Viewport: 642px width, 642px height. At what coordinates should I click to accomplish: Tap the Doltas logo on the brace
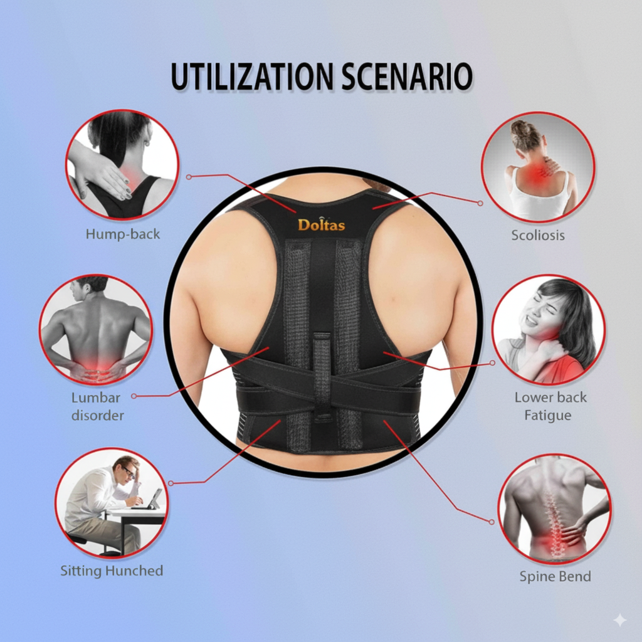click(322, 224)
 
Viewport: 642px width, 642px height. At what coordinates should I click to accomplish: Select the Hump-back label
click(123, 234)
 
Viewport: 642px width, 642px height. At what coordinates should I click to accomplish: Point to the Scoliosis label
click(538, 236)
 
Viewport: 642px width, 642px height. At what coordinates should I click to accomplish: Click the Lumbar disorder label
click(97, 406)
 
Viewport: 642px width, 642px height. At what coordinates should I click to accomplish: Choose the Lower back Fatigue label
click(550, 406)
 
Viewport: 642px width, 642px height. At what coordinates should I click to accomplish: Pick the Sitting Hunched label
click(112, 571)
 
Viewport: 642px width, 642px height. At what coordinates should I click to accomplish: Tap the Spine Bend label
click(555, 577)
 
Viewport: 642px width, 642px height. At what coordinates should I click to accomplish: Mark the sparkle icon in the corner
click(620, 620)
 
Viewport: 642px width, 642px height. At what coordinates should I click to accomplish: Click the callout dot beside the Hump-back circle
click(189, 177)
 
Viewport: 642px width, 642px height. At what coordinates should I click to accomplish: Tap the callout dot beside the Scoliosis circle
click(480, 203)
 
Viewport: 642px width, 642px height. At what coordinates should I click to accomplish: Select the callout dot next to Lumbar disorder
click(134, 396)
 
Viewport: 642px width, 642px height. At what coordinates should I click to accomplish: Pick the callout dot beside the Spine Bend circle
click(492, 522)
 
